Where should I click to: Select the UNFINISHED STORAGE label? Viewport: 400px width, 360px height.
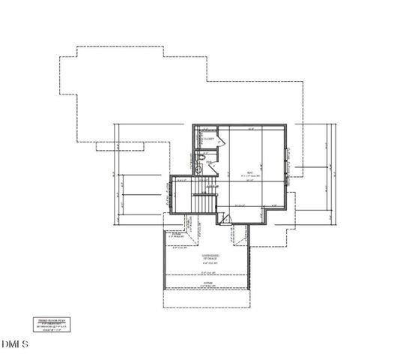(215, 256)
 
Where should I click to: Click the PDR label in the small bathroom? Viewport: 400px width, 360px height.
(209, 161)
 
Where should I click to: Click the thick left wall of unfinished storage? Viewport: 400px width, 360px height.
(164, 262)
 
